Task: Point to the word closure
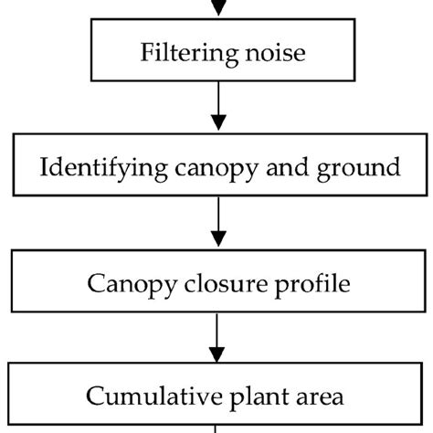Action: (225, 283)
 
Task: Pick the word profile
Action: (311, 284)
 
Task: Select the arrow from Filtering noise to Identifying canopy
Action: (217, 107)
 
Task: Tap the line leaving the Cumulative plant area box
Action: (217, 428)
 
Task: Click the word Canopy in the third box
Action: (127, 283)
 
